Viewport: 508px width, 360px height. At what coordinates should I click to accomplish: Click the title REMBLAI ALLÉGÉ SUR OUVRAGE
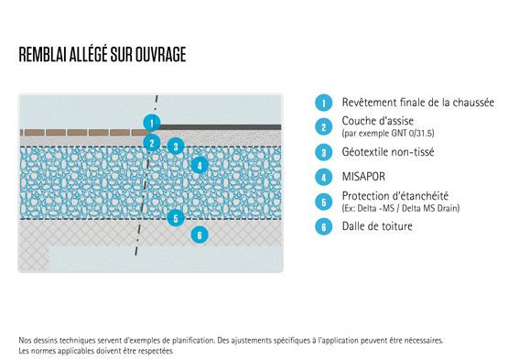pos(103,55)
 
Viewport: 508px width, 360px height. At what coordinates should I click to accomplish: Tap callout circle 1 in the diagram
pos(153,121)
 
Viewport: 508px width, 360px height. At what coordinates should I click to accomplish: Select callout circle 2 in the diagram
pos(153,143)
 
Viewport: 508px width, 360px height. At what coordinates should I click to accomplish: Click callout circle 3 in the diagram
pos(178,145)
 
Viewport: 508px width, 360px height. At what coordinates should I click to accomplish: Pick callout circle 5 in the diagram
pos(177,218)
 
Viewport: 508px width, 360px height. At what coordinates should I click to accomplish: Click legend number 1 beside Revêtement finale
pos(322,104)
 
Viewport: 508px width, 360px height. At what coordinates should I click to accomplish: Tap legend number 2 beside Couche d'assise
pos(322,128)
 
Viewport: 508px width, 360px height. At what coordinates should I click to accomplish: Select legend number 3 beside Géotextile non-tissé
pos(322,153)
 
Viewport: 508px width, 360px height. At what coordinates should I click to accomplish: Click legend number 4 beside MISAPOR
pos(322,178)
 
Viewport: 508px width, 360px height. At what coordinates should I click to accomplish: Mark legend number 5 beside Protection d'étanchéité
pos(322,202)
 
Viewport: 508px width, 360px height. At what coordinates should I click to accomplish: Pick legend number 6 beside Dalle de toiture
pos(322,226)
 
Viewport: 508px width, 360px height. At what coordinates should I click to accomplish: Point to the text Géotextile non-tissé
pos(388,153)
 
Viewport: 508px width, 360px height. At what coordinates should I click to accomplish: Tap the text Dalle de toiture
pos(377,226)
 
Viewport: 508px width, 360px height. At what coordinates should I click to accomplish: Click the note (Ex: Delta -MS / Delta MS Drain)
pos(400,209)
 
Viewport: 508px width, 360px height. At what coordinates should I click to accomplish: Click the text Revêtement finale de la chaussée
pos(417,104)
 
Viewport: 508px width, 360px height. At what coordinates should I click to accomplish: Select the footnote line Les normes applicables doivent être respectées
pos(95,350)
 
